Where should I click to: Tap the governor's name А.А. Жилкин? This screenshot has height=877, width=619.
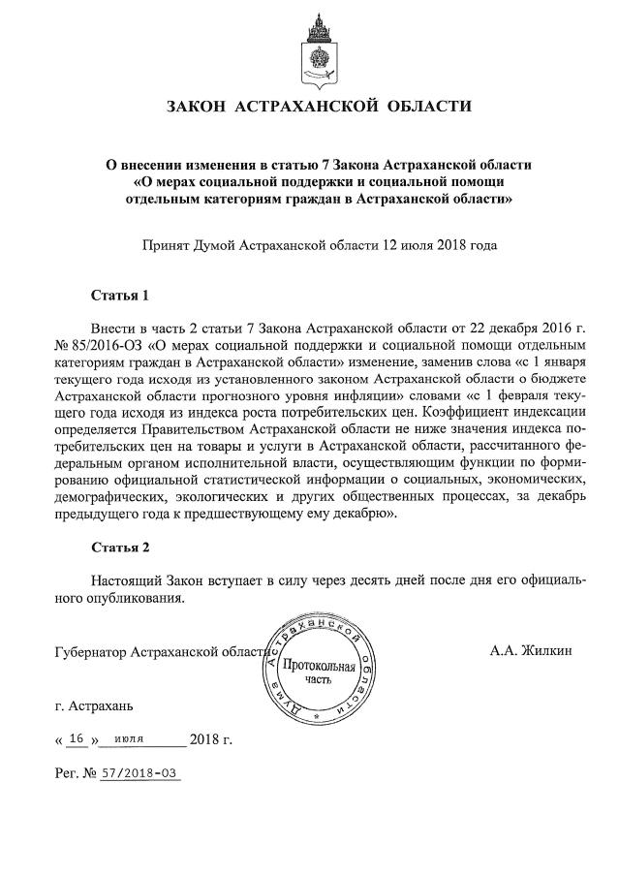(531, 650)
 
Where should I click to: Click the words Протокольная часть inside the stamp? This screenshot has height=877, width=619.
(319, 673)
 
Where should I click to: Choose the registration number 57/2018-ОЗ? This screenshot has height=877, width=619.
(141, 775)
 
